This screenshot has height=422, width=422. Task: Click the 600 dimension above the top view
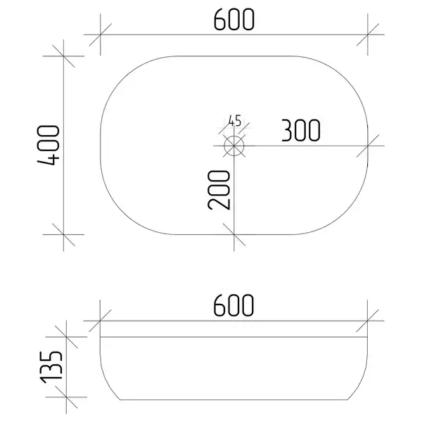coord(234,20)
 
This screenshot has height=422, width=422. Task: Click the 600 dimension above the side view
coord(234,305)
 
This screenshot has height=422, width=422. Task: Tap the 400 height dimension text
coord(49,145)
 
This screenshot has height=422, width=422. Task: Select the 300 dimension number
coord(301,131)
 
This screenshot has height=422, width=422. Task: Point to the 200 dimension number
coord(219,190)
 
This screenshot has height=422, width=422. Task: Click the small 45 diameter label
coord(235,121)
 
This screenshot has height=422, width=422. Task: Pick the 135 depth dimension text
coord(51,367)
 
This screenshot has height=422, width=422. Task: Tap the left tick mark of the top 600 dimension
coord(101,34)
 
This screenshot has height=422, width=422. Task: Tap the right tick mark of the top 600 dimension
coord(368,34)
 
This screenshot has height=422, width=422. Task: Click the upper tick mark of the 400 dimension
coord(63,56)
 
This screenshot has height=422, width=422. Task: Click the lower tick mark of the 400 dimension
coord(63,234)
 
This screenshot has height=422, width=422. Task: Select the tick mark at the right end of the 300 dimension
coord(368,146)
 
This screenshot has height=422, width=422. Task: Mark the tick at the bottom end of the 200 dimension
coord(234,234)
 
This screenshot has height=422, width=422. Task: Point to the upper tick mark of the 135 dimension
coord(66,337)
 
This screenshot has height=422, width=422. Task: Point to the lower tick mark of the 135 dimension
coord(66,397)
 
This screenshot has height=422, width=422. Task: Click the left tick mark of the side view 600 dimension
coord(100,321)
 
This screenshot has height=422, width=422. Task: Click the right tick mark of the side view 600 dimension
coord(367,321)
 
